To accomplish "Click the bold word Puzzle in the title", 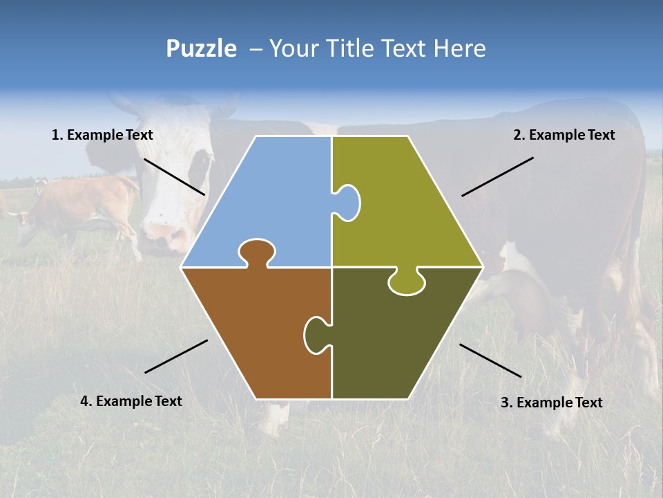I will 201,49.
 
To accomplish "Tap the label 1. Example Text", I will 102,136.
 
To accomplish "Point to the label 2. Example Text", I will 564,136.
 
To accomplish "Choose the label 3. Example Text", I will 551,403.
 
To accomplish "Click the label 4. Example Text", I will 131,401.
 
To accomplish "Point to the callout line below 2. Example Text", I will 497,176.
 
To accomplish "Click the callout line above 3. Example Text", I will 490,360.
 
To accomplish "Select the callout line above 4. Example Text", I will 176,356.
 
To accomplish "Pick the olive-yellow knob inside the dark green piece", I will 406,283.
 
